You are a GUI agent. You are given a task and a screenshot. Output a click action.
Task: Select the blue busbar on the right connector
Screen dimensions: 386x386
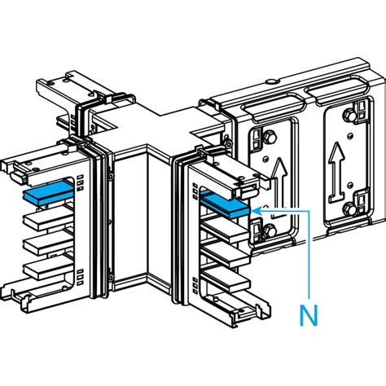[224, 204]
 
